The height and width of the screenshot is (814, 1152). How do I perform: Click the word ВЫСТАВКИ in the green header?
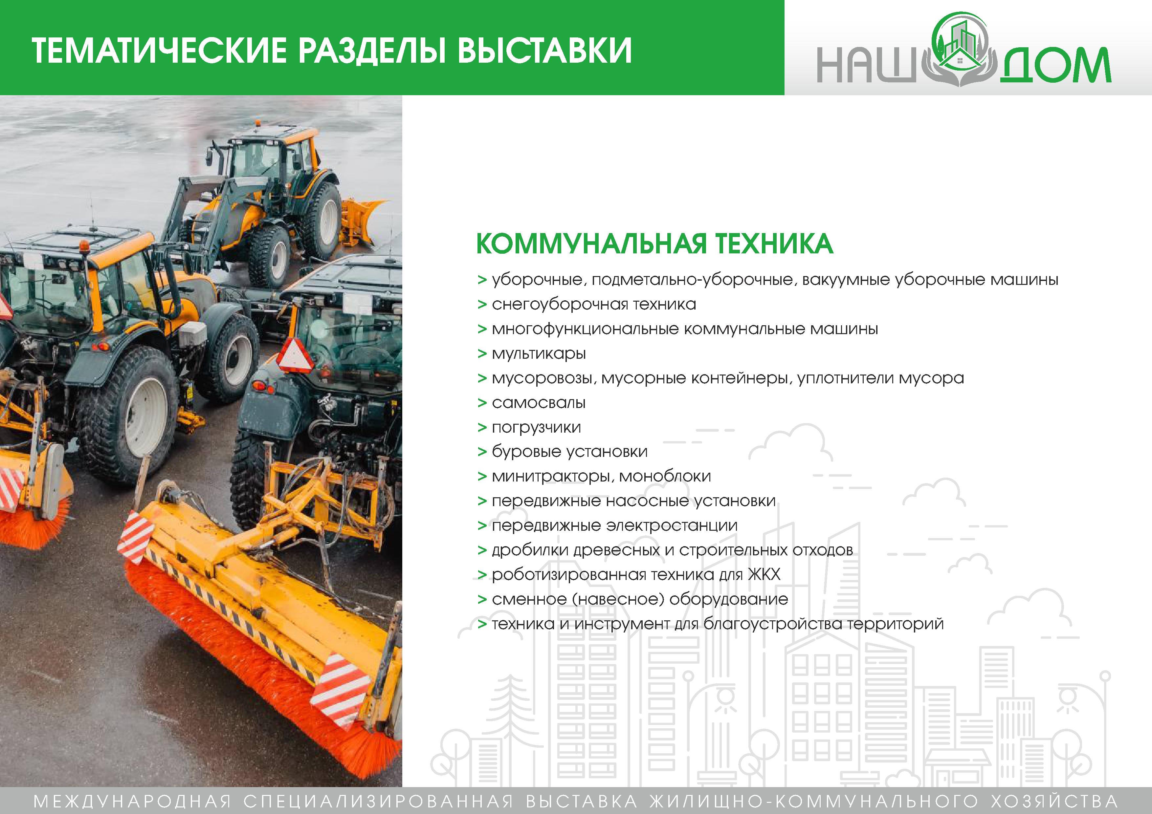click(x=544, y=50)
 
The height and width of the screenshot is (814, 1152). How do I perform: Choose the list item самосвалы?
click(x=538, y=403)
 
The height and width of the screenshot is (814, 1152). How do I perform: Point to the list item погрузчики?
click(x=536, y=428)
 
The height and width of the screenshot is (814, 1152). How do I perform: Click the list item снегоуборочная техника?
click(x=593, y=305)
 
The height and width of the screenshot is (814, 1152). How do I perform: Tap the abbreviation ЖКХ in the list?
click(x=764, y=574)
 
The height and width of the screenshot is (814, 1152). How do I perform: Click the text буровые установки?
click(x=569, y=452)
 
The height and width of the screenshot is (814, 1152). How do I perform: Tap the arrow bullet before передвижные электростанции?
click(x=482, y=525)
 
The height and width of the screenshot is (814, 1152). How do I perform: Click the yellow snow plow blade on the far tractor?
click(x=363, y=221)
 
